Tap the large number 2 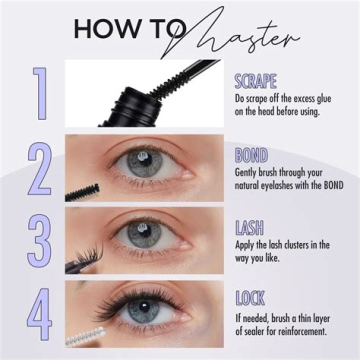coord(39,169)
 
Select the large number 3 coord(39,240)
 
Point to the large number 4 coord(39,314)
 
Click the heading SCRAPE coord(255,81)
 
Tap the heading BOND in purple coord(251,155)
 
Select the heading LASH coord(249,227)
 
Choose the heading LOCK coord(250,298)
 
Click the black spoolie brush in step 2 coord(82,193)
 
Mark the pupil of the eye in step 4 coord(144,307)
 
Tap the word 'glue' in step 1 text coord(324,99)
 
